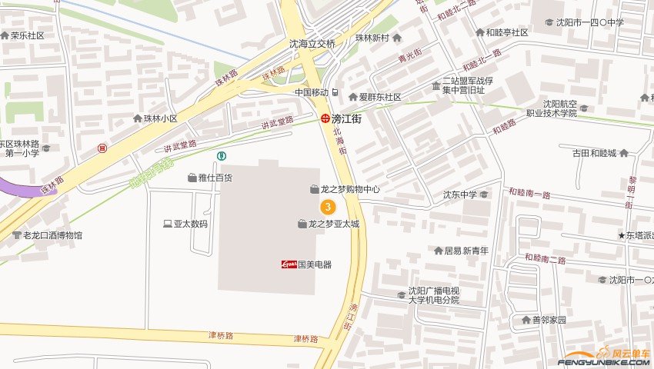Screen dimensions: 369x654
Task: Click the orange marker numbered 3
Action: click(328, 207)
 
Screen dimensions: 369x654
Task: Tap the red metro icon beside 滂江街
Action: click(326, 118)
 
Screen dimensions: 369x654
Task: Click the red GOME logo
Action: click(288, 264)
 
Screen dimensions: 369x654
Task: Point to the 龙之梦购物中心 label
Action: click(350, 188)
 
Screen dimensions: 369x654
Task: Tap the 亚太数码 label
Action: click(190, 224)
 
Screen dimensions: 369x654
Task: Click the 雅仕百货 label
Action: click(215, 178)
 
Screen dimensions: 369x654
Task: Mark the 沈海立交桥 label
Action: click(312, 44)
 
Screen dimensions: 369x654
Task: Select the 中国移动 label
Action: click(312, 92)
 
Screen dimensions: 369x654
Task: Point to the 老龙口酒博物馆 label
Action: click(52, 235)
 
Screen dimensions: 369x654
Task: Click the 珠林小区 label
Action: click(161, 118)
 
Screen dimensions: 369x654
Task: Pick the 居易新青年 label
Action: click(466, 251)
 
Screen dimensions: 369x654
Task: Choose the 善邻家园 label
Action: click(549, 320)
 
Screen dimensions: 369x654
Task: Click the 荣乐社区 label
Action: click(28, 35)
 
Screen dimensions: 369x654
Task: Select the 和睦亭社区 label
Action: click(506, 33)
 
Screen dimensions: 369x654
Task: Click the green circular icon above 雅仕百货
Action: click(222, 156)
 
